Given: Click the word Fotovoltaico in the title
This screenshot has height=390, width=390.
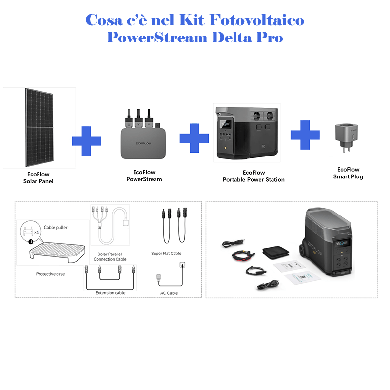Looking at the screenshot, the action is pos(256,20).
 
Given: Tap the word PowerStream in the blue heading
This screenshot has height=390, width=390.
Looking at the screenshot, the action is pos(157,38).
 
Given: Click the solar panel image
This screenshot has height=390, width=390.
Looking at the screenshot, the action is pos(39,127).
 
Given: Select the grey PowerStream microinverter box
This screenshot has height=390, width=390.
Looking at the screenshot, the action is pos(143,143).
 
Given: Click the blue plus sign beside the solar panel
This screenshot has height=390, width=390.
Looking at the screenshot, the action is pos(86,141).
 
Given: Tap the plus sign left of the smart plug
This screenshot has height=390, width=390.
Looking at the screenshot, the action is pos(305,135).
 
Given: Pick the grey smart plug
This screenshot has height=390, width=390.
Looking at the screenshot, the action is pos(347,137).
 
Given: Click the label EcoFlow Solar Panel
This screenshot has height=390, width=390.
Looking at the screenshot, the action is pos(39,177).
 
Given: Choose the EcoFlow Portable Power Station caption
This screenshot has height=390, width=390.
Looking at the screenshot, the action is pos(253,176).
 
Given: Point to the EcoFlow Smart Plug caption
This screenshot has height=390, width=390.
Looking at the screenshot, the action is pos(348,173).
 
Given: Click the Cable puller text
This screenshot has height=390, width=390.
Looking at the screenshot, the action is pos(56,227).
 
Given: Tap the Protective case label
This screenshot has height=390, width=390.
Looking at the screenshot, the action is pos(50,274).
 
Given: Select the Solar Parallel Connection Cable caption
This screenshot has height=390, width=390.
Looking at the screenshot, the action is pos(110,257).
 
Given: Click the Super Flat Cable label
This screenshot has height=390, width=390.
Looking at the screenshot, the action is pos(166,253).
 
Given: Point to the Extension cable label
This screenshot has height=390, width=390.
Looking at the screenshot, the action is pos(110,293).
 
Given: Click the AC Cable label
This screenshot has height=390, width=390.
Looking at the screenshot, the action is pos(169,293).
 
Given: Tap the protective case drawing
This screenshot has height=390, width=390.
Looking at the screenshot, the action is pos(58,253).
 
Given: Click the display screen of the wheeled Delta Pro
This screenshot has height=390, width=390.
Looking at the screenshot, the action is pos(342,243).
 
